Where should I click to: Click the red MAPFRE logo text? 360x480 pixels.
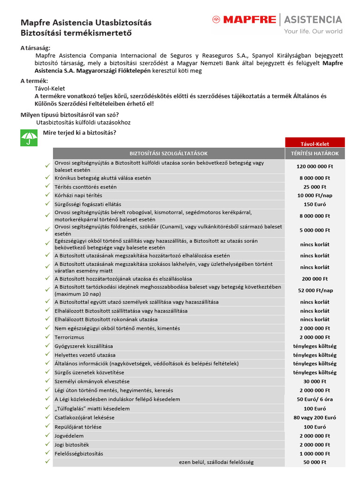[249, 20]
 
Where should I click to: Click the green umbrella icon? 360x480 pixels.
[29, 137]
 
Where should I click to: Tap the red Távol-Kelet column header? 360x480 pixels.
[315, 143]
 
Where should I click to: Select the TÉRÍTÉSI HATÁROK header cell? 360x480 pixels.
[315, 153]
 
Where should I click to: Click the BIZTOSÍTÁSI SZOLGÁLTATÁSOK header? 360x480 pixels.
[168, 153]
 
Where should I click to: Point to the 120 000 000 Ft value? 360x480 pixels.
[315, 166]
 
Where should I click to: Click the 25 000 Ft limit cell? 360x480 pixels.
[315, 187]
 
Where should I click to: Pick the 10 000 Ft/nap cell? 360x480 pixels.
[315, 195]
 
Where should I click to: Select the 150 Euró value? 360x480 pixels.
[315, 204]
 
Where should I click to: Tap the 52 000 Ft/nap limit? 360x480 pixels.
[315, 290]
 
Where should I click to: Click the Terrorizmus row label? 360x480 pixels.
[69, 337]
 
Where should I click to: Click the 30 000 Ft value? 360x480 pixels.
[315, 382]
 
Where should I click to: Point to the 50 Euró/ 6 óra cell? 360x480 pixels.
[315, 399]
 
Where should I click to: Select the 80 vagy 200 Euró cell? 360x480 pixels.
[315, 417]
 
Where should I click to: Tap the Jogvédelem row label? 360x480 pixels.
[69, 435]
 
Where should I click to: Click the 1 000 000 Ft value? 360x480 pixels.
[315, 453]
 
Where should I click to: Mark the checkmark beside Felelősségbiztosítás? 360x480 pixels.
[47, 453]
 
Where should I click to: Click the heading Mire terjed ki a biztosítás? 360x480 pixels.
[80, 132]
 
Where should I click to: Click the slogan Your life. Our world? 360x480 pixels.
[313, 31]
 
